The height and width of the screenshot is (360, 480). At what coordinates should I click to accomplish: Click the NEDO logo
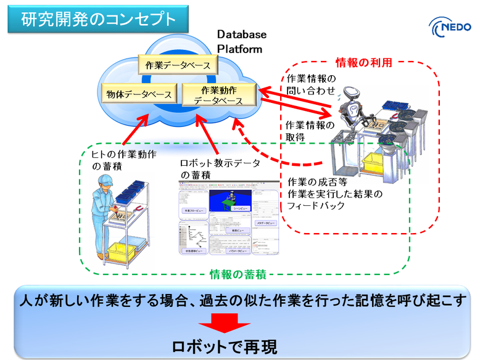[453, 28]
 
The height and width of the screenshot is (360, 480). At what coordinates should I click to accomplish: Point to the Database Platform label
[242, 41]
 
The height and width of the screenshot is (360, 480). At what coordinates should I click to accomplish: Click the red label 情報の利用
[363, 62]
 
